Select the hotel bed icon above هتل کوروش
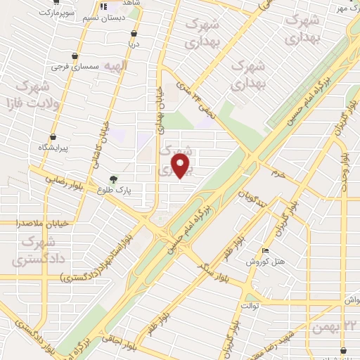pos(264,251)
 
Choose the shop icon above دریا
pos(134,32)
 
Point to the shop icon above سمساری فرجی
pos(75,54)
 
